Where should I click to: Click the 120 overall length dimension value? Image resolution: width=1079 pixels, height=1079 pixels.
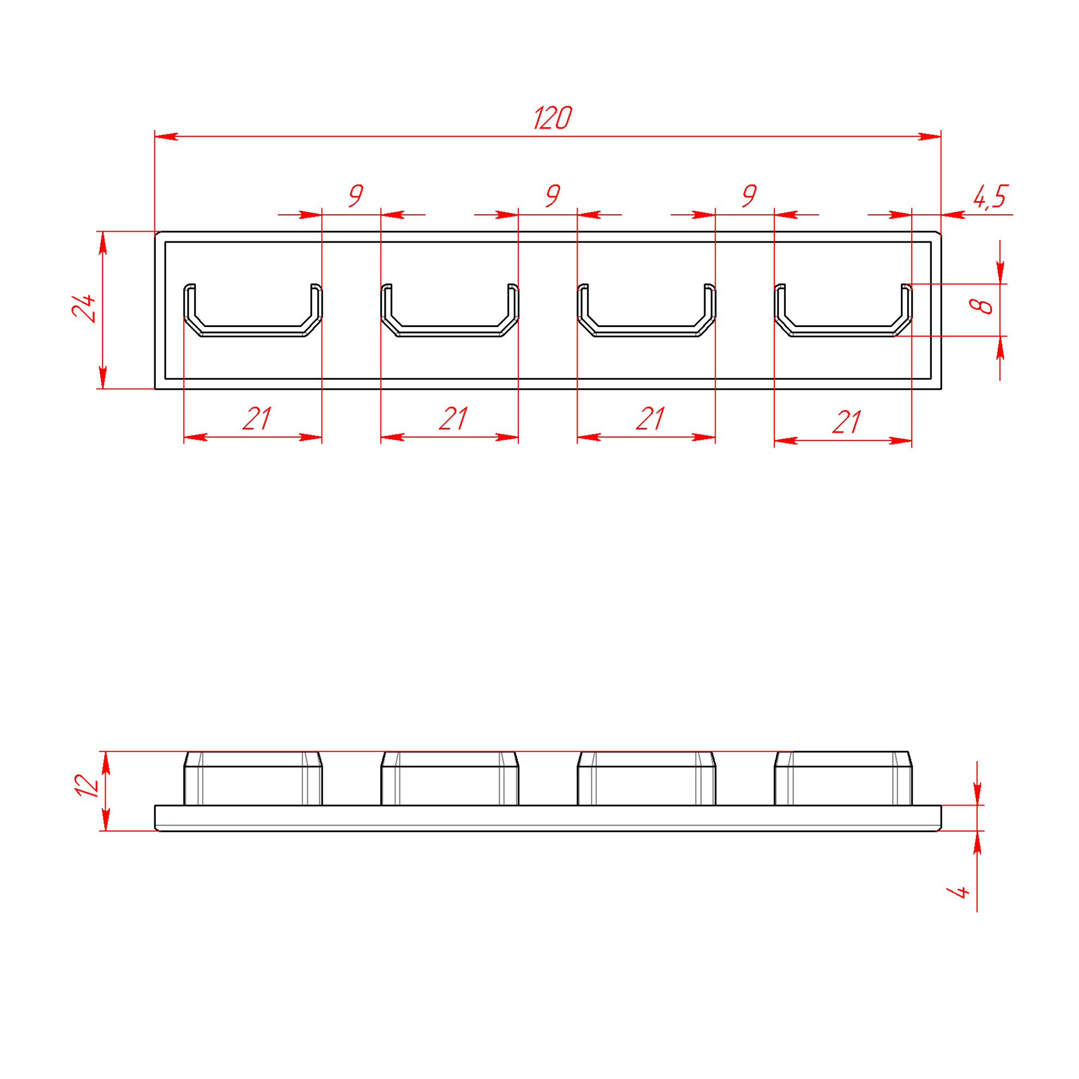pos(553,118)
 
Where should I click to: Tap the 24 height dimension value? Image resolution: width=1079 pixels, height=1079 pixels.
pos(84,308)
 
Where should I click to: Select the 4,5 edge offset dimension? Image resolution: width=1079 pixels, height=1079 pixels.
pos(990,197)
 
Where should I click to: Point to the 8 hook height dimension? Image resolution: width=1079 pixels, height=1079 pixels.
pos(981,306)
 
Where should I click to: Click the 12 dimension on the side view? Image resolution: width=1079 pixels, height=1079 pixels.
pos(87,785)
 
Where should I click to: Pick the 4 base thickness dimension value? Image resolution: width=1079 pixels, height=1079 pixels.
pos(959,892)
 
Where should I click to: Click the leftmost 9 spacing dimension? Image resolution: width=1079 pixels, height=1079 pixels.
pos(356,196)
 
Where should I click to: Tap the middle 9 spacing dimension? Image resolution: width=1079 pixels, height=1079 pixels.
pos(553,196)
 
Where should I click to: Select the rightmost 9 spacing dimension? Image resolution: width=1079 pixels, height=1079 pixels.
pos(749,196)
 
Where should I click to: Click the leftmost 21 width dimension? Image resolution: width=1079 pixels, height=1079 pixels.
pos(257,419)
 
